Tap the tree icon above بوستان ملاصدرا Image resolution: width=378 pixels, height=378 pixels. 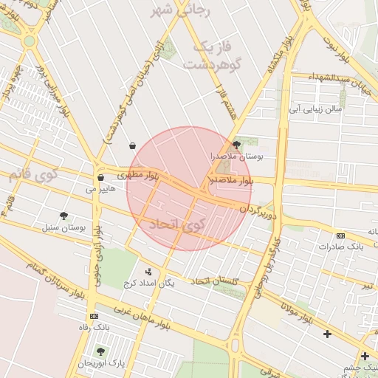(x=236, y=145)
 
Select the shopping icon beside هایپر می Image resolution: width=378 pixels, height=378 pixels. (x=100, y=178)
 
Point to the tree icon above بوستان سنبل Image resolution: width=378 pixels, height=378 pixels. (x=63, y=216)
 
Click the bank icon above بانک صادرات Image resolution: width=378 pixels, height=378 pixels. (x=340, y=236)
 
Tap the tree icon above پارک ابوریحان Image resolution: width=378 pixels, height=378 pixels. (x=100, y=351)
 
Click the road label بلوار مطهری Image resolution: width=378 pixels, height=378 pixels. (x=137, y=176)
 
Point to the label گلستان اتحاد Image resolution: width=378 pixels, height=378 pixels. (x=216, y=281)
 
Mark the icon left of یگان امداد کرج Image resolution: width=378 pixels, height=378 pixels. (x=148, y=271)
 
